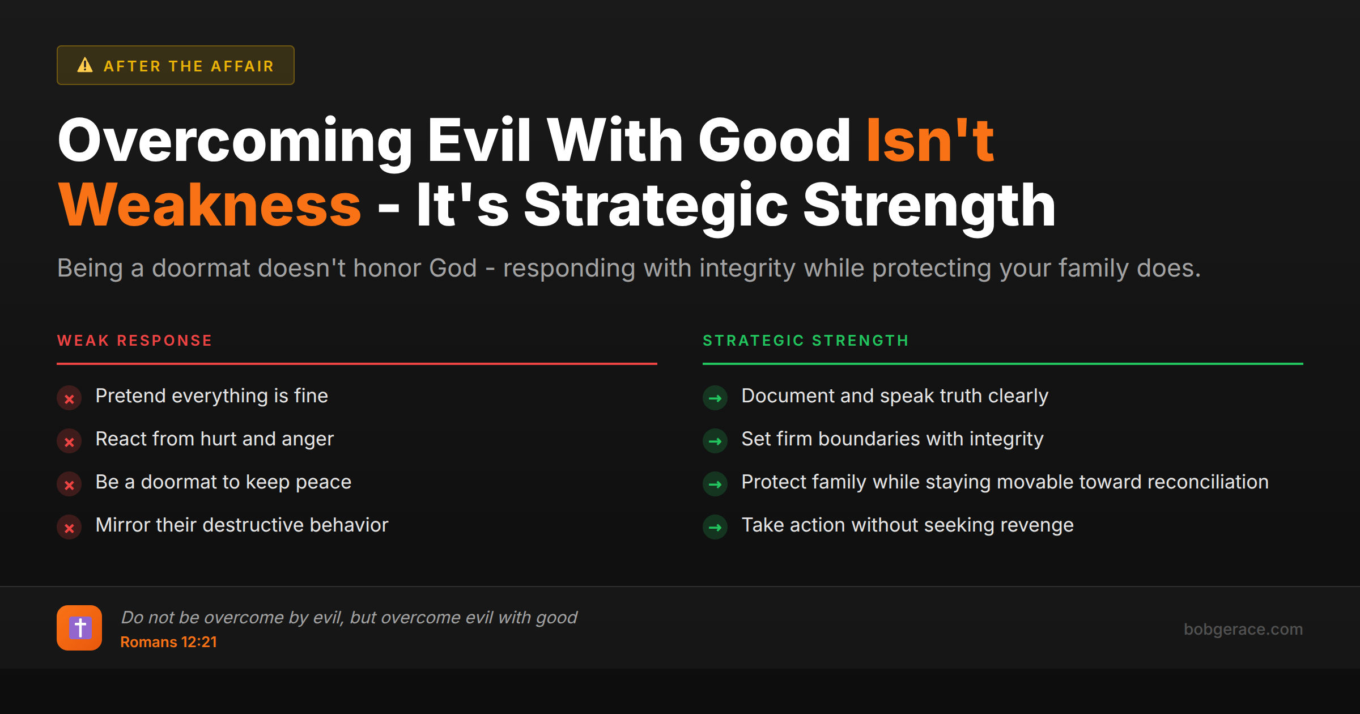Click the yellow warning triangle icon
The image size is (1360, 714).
[85, 65]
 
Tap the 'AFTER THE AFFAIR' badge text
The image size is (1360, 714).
[189, 66]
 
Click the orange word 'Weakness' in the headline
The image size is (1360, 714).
[210, 205]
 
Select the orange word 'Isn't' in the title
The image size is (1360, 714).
[930, 141]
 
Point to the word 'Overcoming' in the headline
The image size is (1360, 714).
[235, 141]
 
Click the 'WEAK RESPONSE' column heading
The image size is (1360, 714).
[135, 341]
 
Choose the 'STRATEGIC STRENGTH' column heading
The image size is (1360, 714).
[806, 341]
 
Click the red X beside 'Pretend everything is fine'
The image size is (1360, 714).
[69, 399]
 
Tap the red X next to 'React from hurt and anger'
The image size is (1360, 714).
[69, 442]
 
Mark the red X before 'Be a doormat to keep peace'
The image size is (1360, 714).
[69, 485]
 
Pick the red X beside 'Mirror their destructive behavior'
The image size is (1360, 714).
[69, 528]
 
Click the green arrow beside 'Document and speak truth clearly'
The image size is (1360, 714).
[715, 398]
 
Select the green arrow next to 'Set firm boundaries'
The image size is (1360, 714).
[715, 441]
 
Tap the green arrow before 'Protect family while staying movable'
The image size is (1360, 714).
[715, 484]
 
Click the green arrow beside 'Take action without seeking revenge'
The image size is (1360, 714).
[715, 528]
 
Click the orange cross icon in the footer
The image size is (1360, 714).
[79, 628]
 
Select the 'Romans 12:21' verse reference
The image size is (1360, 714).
[168, 642]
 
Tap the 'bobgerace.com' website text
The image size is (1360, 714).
[1243, 629]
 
